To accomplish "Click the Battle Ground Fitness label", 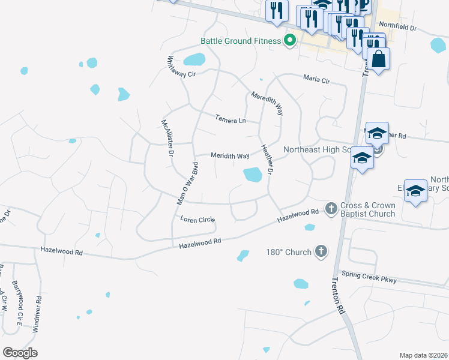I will click(x=240, y=41).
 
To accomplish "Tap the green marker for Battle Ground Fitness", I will click(x=290, y=41).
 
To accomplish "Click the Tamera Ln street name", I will click(x=231, y=120).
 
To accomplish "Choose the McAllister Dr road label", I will click(x=167, y=138).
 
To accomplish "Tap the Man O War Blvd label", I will click(x=187, y=184).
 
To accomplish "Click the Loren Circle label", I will click(x=197, y=220).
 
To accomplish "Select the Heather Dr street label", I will click(x=267, y=157).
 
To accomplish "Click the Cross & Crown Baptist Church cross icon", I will click(x=331, y=208).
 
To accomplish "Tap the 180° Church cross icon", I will click(x=321, y=251).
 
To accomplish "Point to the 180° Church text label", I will click(x=289, y=252).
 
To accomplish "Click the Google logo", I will click(x=20, y=353).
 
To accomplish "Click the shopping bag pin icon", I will click(x=379, y=59).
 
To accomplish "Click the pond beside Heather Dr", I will click(x=253, y=175).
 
